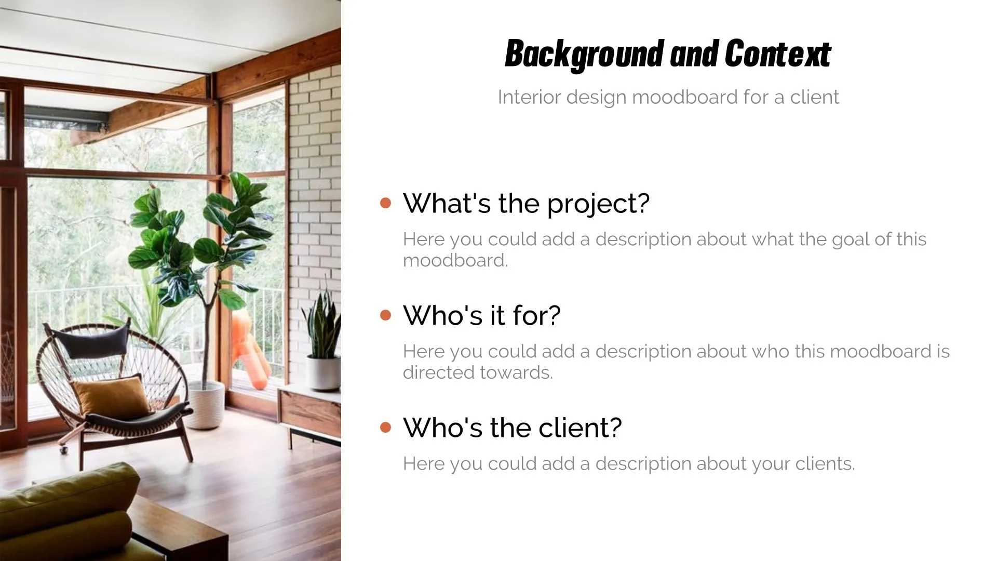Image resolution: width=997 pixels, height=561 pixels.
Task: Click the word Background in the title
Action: tap(584, 54)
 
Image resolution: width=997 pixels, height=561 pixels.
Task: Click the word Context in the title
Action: tap(778, 54)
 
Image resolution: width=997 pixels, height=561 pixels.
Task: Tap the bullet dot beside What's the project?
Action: tap(385, 203)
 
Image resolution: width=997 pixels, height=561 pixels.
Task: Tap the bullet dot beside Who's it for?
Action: tap(385, 315)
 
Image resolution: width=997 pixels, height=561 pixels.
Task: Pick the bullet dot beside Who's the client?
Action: tap(385, 427)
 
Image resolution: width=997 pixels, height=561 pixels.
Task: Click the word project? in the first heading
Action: tap(598, 204)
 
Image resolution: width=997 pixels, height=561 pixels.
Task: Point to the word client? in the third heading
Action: tap(580, 428)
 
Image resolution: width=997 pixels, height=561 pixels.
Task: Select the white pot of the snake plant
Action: tap(324, 372)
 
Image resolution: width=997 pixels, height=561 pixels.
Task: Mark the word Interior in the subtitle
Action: tap(529, 97)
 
